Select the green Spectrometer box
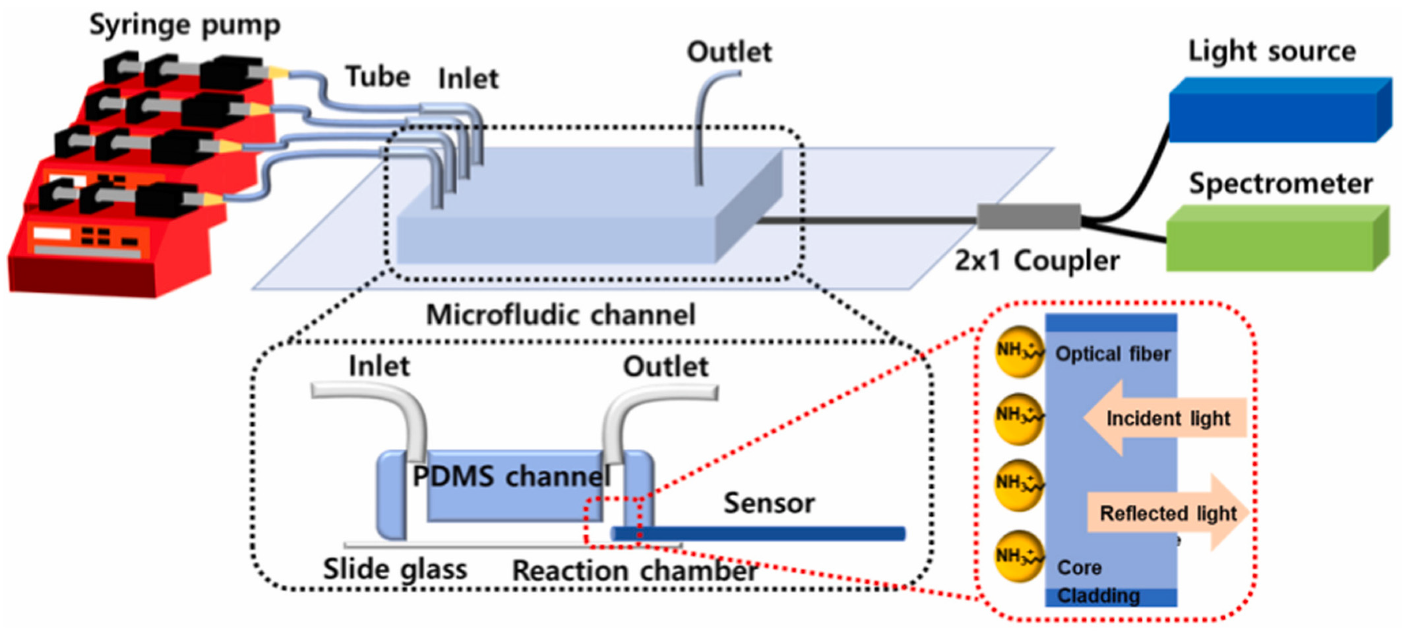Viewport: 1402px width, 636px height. click(x=1271, y=239)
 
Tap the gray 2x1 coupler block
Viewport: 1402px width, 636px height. click(x=1029, y=217)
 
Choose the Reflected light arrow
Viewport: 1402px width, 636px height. click(x=1167, y=513)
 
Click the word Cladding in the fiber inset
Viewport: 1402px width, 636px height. click(x=1098, y=596)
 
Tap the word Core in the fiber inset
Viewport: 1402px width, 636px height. click(x=1079, y=568)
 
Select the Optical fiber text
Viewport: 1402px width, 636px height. click(x=1112, y=354)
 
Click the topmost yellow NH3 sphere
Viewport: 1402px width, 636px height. click(x=1019, y=351)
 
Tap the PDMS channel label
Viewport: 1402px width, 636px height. click(x=512, y=477)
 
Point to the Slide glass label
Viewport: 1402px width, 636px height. click(x=395, y=569)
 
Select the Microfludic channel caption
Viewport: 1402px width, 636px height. click(x=561, y=314)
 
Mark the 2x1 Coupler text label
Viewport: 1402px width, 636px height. click(x=1037, y=261)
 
